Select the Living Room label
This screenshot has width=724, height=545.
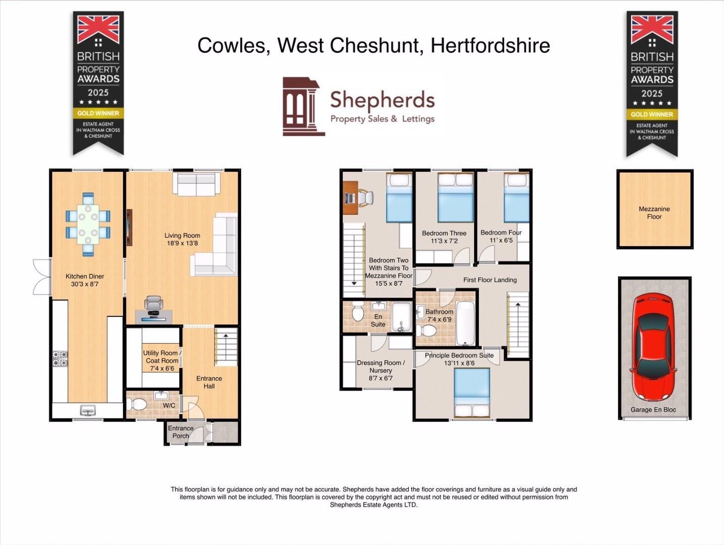(x=182, y=236)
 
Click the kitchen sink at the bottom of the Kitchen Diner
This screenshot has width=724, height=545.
(x=88, y=410)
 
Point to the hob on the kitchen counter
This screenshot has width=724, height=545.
(x=60, y=359)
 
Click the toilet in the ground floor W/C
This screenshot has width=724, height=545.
(x=137, y=405)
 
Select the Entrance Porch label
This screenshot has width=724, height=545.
(x=181, y=432)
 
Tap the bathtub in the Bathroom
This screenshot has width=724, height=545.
(x=465, y=322)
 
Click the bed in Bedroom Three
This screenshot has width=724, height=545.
(x=455, y=198)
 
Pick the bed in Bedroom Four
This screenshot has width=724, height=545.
(x=517, y=198)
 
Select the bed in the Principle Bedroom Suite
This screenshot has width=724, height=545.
(x=472, y=392)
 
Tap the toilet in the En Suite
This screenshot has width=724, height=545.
(x=358, y=313)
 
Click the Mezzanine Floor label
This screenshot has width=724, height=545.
(x=654, y=212)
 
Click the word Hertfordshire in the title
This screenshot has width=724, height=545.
(x=490, y=45)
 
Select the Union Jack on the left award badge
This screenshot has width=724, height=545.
(x=98, y=29)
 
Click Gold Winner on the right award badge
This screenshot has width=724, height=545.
(x=652, y=115)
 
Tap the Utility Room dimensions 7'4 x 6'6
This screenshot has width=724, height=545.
(x=162, y=368)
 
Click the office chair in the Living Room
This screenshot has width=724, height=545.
(x=154, y=305)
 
